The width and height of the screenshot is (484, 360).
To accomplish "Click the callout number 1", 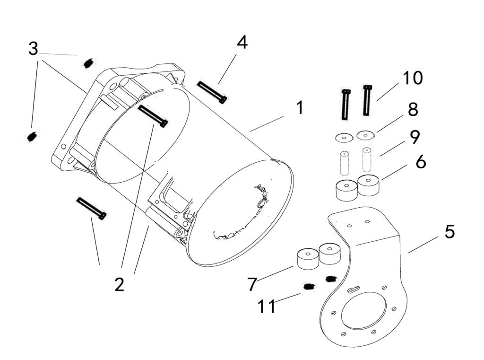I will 299,108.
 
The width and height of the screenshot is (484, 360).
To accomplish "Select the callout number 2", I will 119,284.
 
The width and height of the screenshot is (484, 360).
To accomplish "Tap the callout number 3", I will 33,48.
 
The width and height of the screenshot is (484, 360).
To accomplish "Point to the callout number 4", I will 242,43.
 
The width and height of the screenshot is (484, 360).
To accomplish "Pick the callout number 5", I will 449,232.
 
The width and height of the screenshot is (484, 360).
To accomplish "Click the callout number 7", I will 252,284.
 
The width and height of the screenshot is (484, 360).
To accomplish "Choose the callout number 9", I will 415,137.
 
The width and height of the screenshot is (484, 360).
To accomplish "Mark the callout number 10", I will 413,78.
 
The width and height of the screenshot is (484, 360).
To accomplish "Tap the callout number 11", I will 267,307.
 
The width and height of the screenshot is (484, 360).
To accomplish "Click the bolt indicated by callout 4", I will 212,92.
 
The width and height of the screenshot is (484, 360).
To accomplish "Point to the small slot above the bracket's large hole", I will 353,290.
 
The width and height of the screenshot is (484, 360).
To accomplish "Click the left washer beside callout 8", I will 344,138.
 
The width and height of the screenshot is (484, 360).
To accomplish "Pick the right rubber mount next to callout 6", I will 369,185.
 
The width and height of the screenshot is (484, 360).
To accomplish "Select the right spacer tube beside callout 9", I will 367,160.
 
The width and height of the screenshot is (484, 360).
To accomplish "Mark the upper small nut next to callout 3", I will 87,63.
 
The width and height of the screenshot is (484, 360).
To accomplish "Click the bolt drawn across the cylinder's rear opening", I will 152,116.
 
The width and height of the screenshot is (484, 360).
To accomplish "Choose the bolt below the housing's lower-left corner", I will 91,209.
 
